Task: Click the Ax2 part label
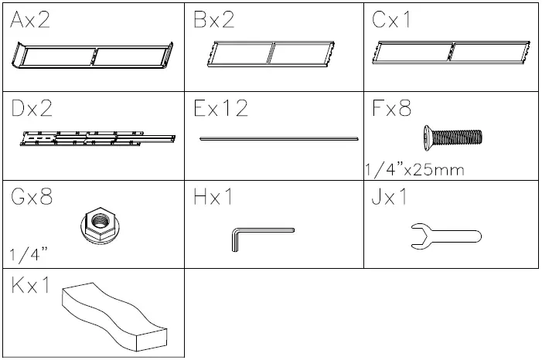(x=31, y=22)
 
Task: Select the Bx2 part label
(x=213, y=22)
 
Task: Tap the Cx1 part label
(x=392, y=22)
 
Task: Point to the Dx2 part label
(x=32, y=109)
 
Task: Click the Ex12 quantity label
(x=221, y=109)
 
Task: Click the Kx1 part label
(x=31, y=285)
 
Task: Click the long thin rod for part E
(x=278, y=139)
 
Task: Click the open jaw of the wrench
(x=415, y=236)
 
